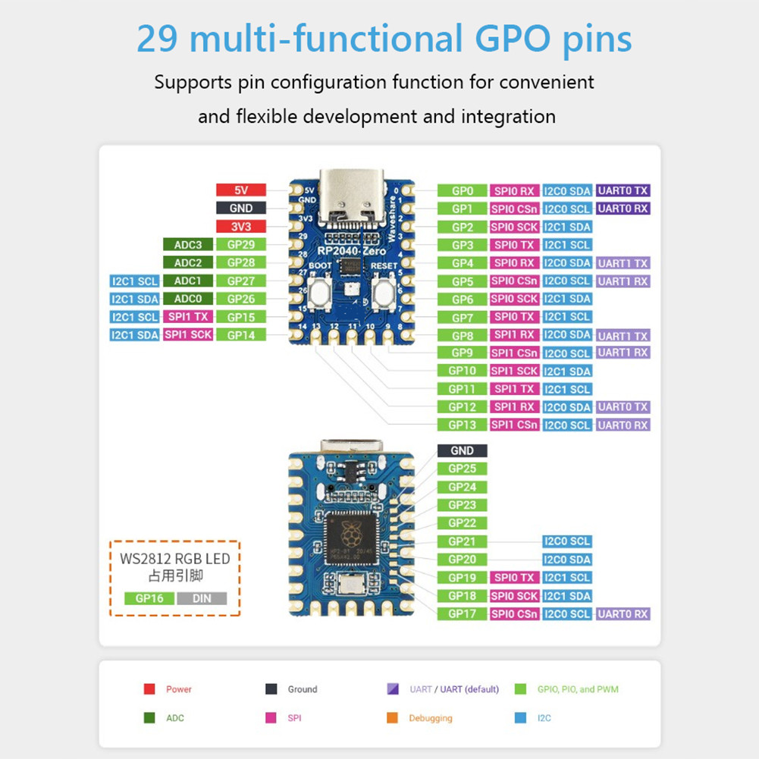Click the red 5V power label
click(240, 190)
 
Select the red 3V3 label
click(240, 227)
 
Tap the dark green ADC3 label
click(187, 245)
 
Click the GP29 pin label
click(240, 245)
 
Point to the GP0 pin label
click(463, 191)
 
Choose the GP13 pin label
click(463, 425)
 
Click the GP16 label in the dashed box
click(149, 598)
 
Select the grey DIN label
click(202, 598)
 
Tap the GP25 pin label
click(463, 469)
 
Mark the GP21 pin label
click(463, 541)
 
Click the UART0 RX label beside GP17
click(623, 614)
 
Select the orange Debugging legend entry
click(422, 718)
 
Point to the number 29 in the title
click(157, 39)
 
